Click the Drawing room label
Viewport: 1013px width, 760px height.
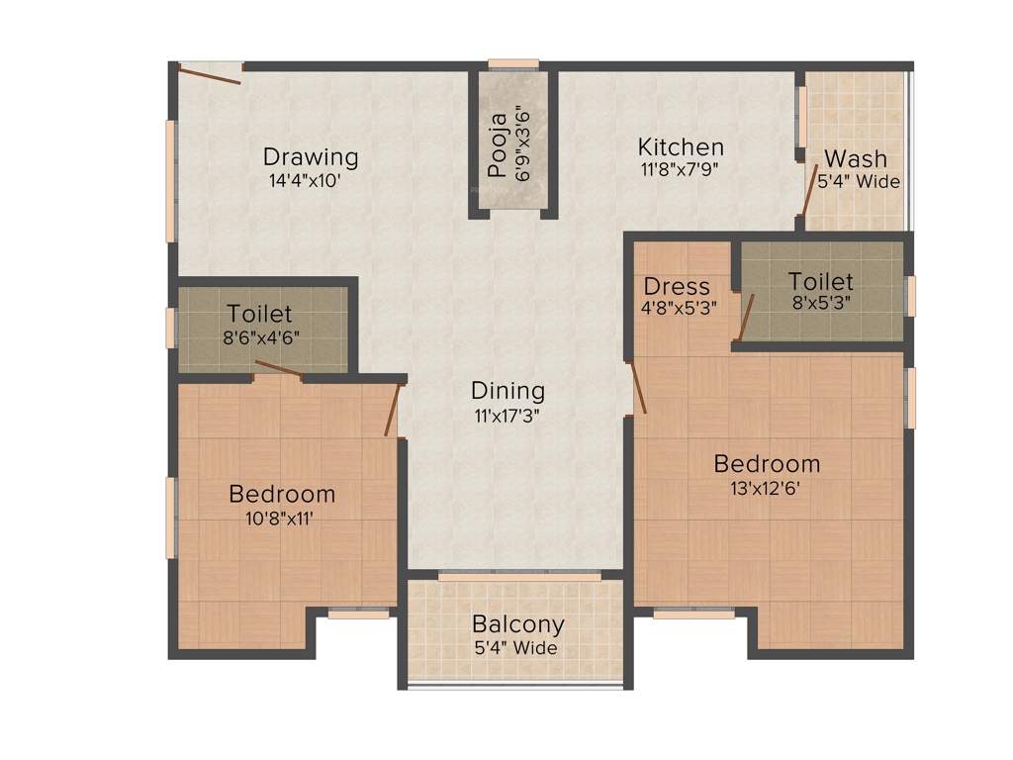(x=311, y=156)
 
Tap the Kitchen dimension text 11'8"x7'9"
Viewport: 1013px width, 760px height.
(x=680, y=169)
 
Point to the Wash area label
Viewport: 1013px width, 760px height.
(x=856, y=158)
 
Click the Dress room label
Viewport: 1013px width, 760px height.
(x=678, y=287)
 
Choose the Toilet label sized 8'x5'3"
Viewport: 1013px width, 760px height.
(x=821, y=282)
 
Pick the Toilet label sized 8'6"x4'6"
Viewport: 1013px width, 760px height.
(x=259, y=314)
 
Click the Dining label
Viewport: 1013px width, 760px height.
(x=507, y=390)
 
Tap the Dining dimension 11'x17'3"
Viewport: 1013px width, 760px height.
(x=507, y=416)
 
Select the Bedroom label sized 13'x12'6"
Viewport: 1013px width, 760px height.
(x=768, y=463)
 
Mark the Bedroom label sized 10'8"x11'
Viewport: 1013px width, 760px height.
(x=282, y=493)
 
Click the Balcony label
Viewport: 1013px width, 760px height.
(x=518, y=624)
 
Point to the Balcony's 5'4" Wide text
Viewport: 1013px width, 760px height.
(x=514, y=649)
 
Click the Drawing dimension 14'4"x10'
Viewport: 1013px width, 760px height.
(x=306, y=182)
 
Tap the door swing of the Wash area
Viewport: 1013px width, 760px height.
(x=810, y=193)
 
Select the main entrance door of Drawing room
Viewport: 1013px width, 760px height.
(x=210, y=73)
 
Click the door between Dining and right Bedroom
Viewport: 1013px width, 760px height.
(x=638, y=387)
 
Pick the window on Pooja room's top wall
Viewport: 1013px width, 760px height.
(x=513, y=65)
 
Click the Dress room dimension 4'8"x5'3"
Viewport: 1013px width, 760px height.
(x=679, y=308)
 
